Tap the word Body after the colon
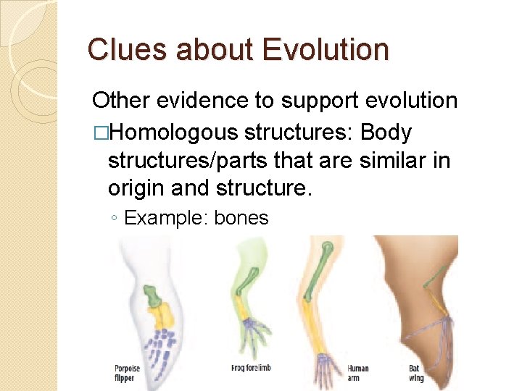(x=386, y=133)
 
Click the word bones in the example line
(x=241, y=217)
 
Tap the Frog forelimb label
(x=250, y=369)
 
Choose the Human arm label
(x=357, y=372)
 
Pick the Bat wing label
(x=415, y=372)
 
